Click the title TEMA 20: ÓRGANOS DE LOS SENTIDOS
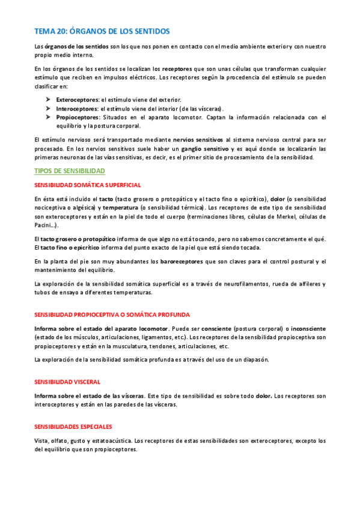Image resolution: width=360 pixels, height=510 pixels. coord(102,31)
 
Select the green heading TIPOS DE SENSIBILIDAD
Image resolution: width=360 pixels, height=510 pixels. coord(70,171)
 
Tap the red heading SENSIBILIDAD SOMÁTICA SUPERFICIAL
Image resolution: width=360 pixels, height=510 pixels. coord(88,185)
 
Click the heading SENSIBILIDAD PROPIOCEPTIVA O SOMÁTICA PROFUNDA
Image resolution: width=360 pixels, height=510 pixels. coord(112,315)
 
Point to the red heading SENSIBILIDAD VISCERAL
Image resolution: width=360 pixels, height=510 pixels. coord(67,382)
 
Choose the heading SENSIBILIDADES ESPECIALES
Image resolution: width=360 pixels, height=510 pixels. coord(73,427)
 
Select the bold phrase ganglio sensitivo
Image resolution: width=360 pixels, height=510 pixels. coord(206,149)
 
